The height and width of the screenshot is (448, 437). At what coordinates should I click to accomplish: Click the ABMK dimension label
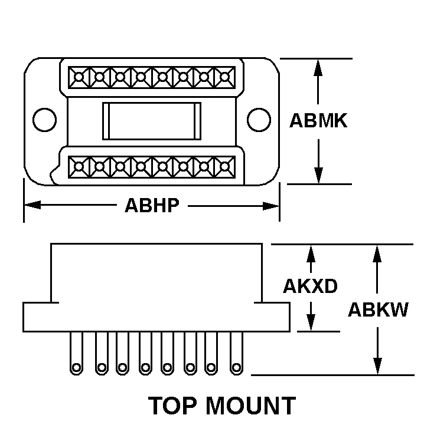pos(318,121)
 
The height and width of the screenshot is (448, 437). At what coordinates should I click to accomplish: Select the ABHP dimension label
pos(152,206)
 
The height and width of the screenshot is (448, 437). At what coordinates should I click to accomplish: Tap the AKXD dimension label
pos(310,286)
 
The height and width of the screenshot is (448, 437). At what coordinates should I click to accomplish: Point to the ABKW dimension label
pos(378,309)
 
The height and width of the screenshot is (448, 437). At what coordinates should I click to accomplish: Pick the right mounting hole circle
pos(257,120)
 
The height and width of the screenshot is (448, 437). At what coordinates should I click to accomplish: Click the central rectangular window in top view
pos(152,121)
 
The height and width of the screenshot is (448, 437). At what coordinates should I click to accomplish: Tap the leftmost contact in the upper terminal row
pos(78,77)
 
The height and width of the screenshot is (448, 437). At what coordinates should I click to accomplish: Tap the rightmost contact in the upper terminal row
pos(225,77)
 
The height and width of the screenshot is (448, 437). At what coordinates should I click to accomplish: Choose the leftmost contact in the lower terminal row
pos(78,167)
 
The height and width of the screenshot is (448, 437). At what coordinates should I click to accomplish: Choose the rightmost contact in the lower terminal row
pos(225,167)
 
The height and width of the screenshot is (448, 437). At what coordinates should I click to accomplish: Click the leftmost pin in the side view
pos(76,354)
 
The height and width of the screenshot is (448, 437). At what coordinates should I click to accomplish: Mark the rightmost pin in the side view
pos(237,354)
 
